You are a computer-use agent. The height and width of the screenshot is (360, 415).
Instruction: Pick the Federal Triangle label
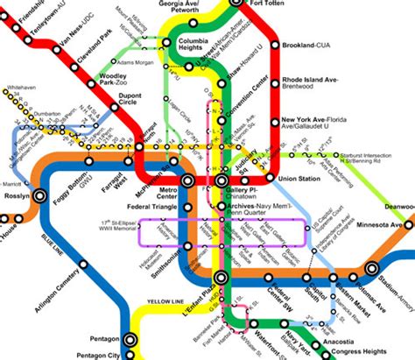click(152, 208)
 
